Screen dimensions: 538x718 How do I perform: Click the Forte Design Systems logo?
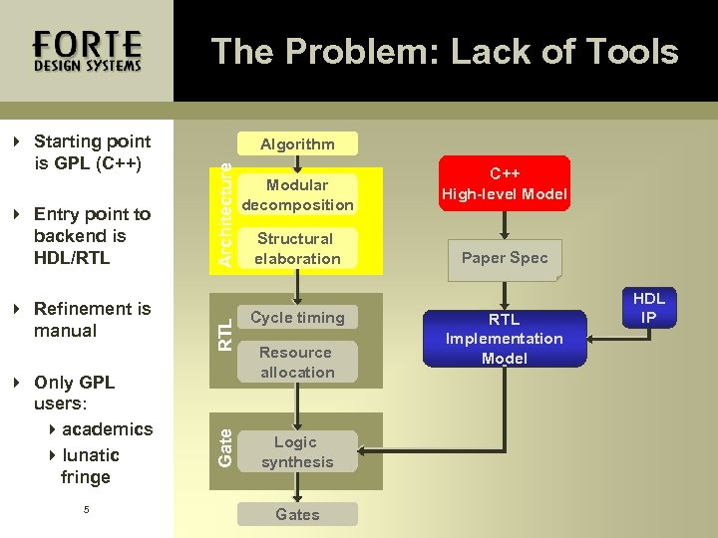[x=87, y=51]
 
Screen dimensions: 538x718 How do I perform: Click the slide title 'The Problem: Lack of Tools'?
[x=445, y=52]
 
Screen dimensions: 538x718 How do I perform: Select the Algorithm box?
[x=297, y=144]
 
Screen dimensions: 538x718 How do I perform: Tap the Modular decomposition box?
[x=297, y=194]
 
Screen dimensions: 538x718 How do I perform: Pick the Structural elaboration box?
[x=297, y=248]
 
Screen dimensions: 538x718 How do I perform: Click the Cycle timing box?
[x=297, y=318]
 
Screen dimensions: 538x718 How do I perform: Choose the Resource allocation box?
[x=297, y=362]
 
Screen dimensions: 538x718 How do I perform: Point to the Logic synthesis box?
[x=297, y=451]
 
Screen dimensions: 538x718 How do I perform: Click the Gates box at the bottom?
[x=297, y=514]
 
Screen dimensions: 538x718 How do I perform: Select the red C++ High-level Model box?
[x=504, y=182]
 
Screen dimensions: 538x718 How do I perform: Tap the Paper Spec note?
[x=504, y=258]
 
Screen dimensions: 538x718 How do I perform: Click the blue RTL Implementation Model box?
[x=504, y=338]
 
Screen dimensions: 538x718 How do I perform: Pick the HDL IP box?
[x=648, y=308]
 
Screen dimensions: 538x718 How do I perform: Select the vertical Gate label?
[x=225, y=447]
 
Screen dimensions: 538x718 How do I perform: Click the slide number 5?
[x=87, y=509]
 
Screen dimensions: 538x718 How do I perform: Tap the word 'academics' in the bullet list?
[x=107, y=429]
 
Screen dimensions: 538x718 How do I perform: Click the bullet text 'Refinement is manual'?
[x=92, y=319]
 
